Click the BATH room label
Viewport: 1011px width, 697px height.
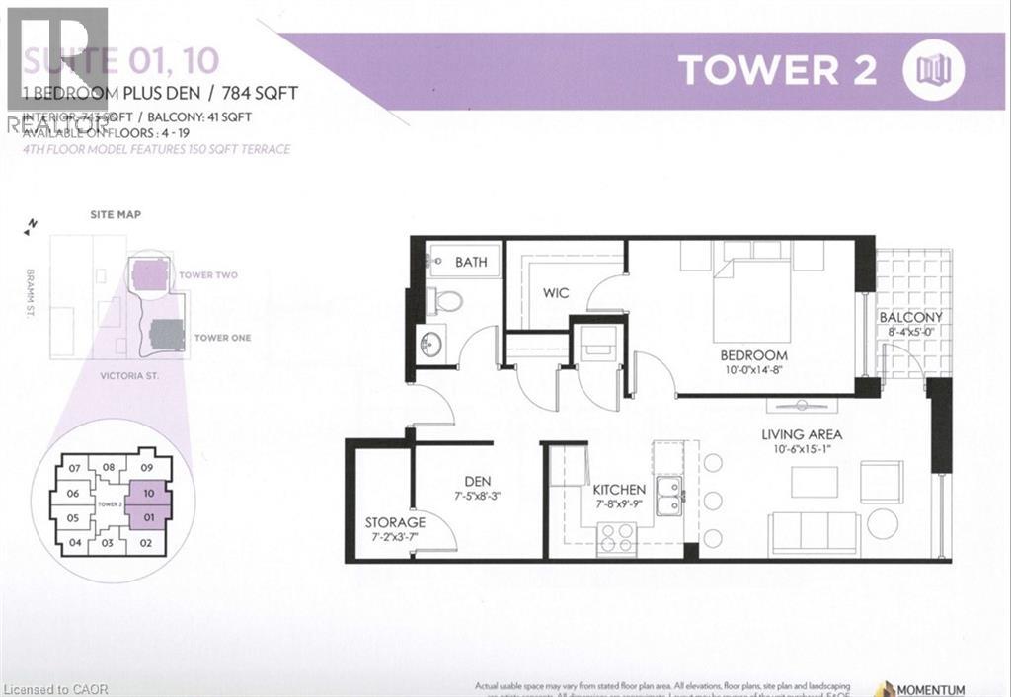(x=471, y=263)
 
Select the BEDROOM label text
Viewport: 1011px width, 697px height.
(x=753, y=355)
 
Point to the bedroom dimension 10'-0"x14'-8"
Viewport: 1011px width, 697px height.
(x=753, y=371)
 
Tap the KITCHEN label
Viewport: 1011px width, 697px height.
(x=619, y=490)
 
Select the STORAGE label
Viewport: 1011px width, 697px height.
(x=395, y=522)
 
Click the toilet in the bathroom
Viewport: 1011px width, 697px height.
(x=446, y=301)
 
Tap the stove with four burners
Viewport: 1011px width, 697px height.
(x=617, y=538)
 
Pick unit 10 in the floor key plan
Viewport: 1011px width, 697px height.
(x=147, y=493)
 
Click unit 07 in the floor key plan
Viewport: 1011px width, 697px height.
(x=73, y=468)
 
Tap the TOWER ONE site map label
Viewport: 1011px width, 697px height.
(x=222, y=338)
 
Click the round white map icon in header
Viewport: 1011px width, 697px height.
(x=933, y=69)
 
